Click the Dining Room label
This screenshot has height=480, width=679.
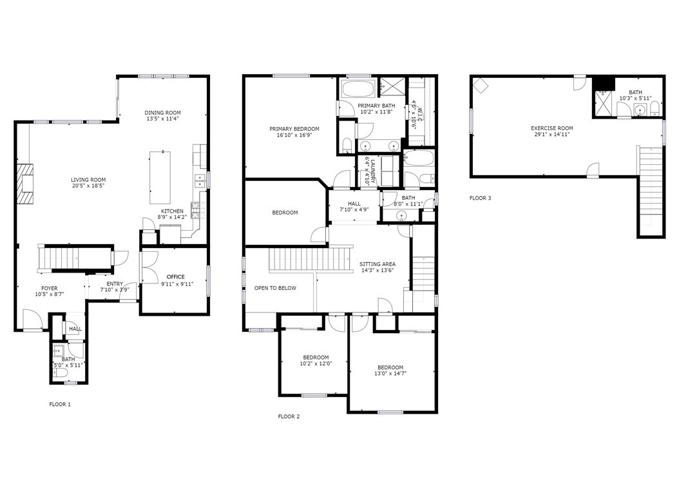click(163, 113)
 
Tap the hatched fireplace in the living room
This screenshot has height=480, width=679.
click(24, 184)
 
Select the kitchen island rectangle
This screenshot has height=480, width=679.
click(160, 178)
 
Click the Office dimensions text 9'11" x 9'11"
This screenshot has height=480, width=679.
click(177, 284)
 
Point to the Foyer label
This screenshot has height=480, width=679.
click(50, 288)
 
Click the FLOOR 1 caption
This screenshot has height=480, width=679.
click(60, 404)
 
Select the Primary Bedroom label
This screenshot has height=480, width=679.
click(294, 129)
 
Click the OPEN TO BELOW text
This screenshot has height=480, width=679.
click(276, 288)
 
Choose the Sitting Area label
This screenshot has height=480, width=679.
click(377, 264)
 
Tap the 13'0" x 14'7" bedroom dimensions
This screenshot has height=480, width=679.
click(390, 374)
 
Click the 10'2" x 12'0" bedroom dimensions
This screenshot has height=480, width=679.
click(316, 363)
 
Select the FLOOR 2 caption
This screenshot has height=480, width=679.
click(289, 417)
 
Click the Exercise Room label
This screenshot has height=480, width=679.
click(551, 128)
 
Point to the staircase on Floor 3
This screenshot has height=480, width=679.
click(651, 191)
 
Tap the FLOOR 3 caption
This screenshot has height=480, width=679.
click(480, 198)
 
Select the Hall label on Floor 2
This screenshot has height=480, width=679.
click(354, 204)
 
